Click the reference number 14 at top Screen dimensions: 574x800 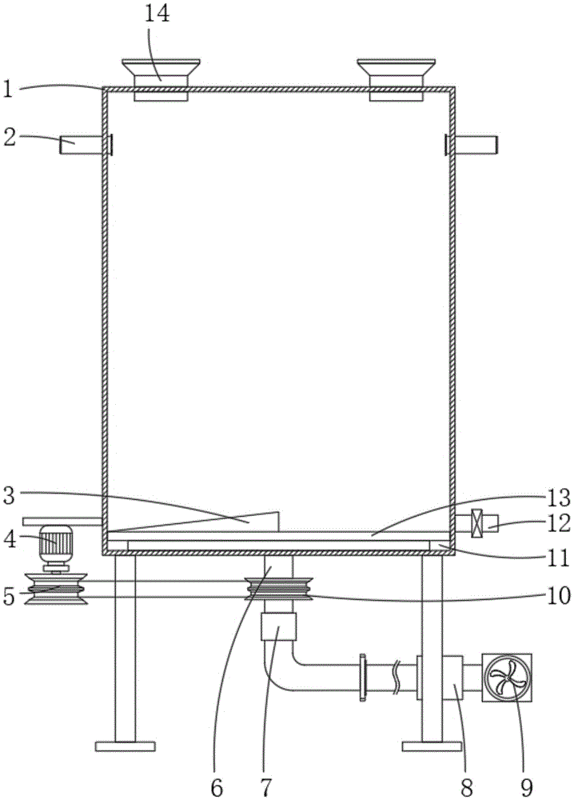[x=157, y=14]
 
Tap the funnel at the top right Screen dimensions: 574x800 [x=396, y=79]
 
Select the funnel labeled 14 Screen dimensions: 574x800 [x=161, y=79]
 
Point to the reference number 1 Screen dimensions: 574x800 [x=7, y=90]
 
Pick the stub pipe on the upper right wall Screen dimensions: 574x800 [x=471, y=145]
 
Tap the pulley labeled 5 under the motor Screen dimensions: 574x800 [x=56, y=590]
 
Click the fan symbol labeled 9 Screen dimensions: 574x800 [x=507, y=677]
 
